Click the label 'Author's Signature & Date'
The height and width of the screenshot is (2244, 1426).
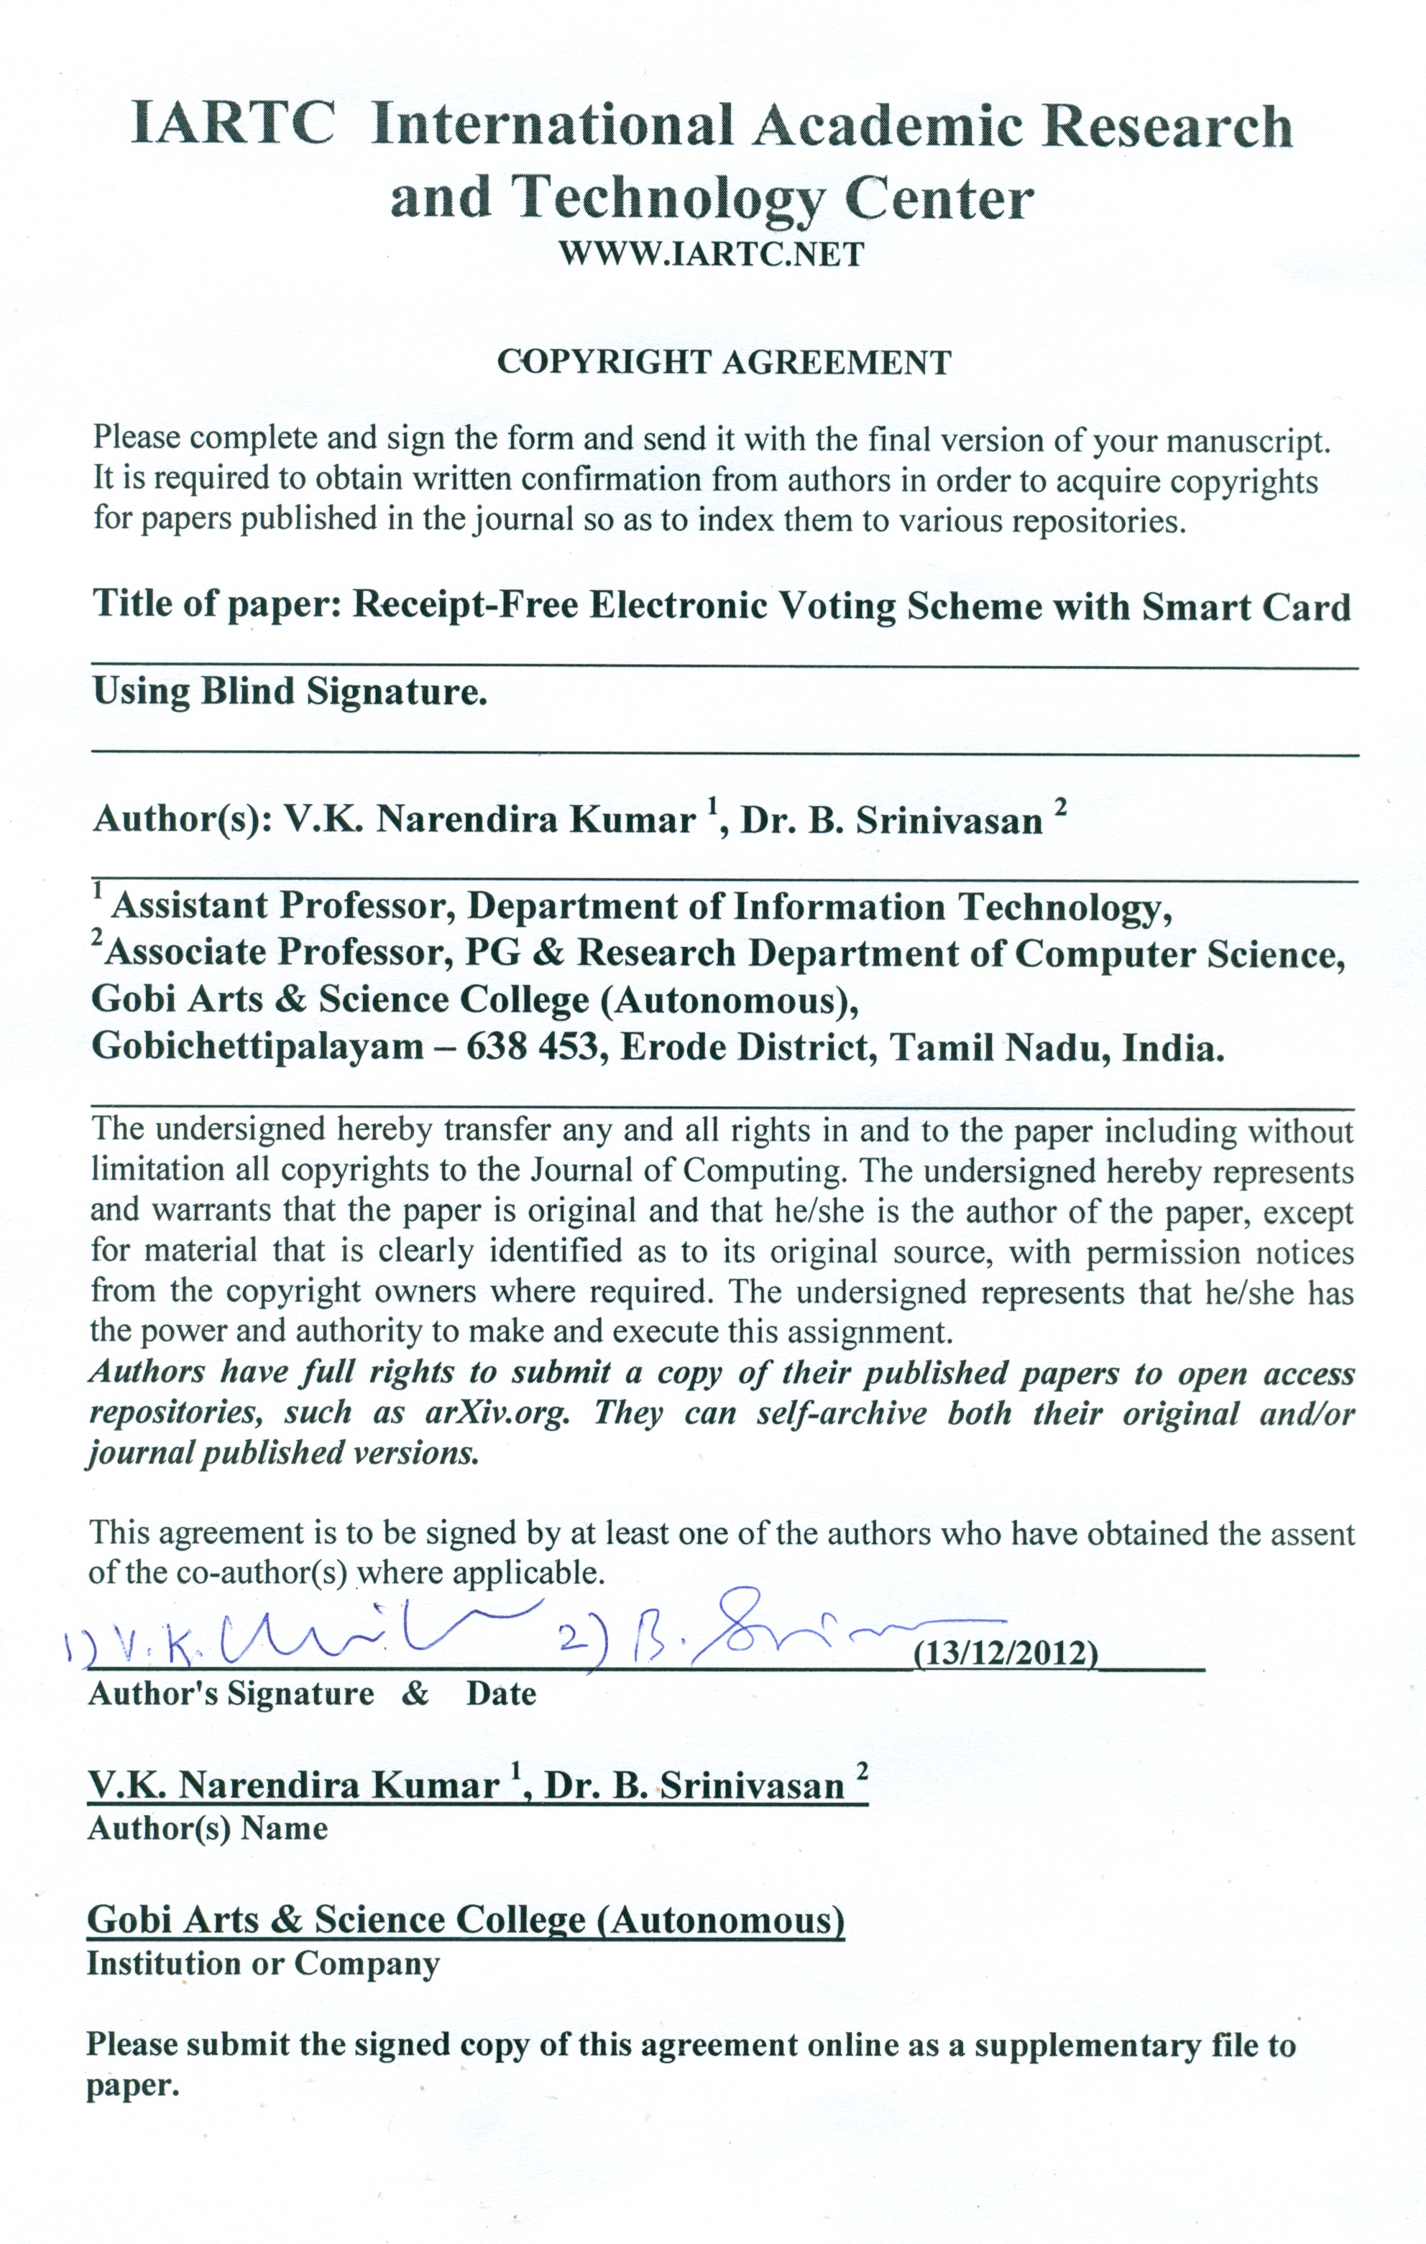pyautogui.click(x=312, y=1694)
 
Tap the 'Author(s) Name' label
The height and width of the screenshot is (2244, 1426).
pyautogui.click(x=207, y=1829)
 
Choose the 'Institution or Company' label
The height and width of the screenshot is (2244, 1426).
pyautogui.click(x=263, y=1964)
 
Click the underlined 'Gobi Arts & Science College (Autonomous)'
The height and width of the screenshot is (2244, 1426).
pyautogui.click(x=466, y=1921)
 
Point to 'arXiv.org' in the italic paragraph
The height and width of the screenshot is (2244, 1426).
pyautogui.click(x=497, y=1413)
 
